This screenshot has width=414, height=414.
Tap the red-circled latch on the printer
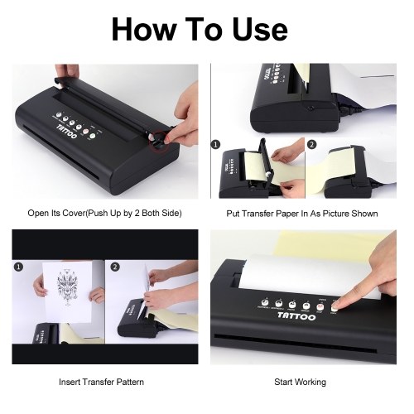(x=159, y=140)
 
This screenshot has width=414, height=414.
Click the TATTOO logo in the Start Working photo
(x=296, y=315)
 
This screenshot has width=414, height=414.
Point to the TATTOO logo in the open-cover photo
(x=67, y=132)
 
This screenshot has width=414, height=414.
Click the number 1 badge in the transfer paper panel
(x=215, y=144)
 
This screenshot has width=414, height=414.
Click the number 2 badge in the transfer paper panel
(x=311, y=144)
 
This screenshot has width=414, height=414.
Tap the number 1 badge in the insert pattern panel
(x=18, y=267)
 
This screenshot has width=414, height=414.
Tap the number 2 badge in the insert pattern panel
(x=115, y=267)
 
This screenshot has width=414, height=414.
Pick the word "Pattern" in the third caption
(x=130, y=382)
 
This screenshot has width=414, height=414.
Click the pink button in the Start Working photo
(x=320, y=307)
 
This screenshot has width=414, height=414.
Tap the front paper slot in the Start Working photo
(x=296, y=344)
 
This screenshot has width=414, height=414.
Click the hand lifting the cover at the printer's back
(x=68, y=71)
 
